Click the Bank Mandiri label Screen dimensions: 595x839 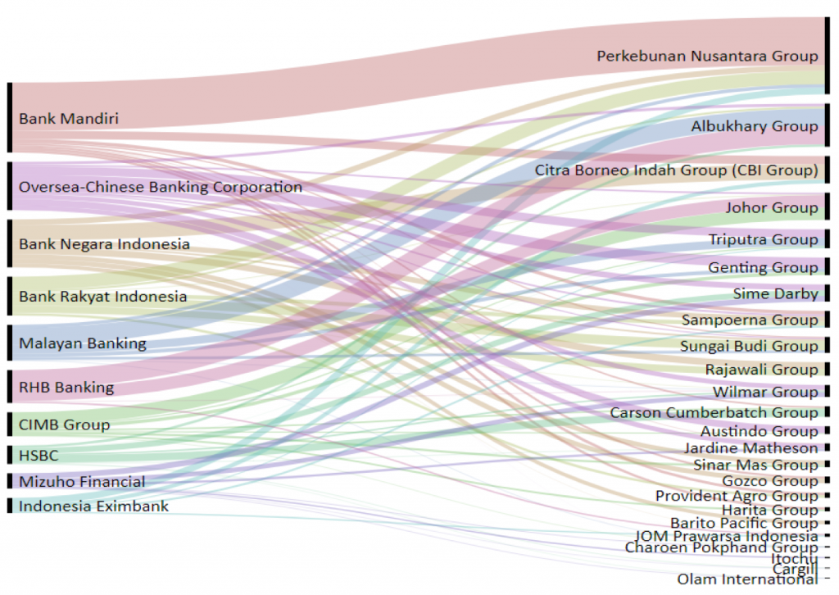(x=69, y=119)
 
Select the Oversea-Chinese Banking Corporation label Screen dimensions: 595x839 (x=161, y=187)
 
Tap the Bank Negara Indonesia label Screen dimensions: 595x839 (x=104, y=244)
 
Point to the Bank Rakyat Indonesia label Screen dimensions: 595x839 (x=102, y=297)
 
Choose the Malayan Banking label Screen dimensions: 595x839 (x=82, y=343)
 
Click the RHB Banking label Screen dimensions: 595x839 (x=66, y=387)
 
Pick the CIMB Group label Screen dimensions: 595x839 (x=64, y=425)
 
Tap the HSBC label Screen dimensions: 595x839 (x=40, y=456)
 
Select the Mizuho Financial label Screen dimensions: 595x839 (x=82, y=482)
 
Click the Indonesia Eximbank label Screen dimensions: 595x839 (x=93, y=506)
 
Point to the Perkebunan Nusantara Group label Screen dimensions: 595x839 (x=707, y=57)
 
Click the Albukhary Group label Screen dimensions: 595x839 (x=754, y=126)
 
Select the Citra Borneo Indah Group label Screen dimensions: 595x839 (x=676, y=170)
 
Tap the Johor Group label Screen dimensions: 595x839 (x=771, y=208)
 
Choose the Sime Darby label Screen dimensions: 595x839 (x=775, y=294)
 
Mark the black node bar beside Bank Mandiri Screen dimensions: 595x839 (x=10, y=117)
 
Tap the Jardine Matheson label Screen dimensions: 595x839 (x=751, y=448)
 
